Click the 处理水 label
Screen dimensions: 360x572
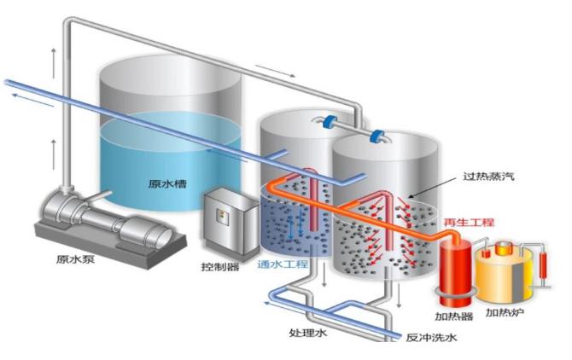click(309, 334)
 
